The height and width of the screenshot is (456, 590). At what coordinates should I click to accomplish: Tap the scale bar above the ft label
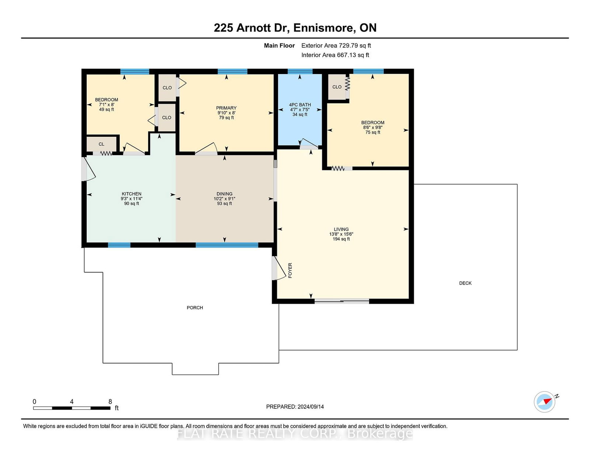72,408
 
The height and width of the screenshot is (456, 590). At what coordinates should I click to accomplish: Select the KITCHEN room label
131,194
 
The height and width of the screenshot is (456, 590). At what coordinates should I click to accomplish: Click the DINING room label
224,194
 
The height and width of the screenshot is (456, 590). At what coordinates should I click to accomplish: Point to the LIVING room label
341,229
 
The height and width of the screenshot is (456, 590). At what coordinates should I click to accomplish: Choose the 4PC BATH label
300,105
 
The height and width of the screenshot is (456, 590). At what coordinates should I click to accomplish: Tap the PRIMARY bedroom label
226,108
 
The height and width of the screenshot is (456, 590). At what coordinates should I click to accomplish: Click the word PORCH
195,307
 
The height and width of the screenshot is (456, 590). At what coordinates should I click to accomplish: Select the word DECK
465,283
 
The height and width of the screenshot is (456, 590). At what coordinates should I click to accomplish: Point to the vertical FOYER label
290,270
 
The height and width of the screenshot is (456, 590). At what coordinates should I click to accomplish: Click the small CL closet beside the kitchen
101,144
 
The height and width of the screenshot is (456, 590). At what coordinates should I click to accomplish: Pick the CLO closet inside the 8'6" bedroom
337,87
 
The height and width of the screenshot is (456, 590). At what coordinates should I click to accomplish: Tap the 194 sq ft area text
341,239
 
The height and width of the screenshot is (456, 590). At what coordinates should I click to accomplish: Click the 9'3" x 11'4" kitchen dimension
131,199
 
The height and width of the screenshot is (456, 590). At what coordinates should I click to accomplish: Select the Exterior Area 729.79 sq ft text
336,46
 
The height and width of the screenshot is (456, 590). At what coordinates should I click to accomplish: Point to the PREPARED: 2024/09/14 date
295,407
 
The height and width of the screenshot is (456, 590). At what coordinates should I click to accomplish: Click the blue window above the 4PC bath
300,72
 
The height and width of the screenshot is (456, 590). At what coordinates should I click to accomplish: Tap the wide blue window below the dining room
227,245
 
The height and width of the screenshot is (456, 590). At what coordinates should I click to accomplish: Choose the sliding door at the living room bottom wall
341,301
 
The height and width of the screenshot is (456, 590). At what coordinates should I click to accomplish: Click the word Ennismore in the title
323,28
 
